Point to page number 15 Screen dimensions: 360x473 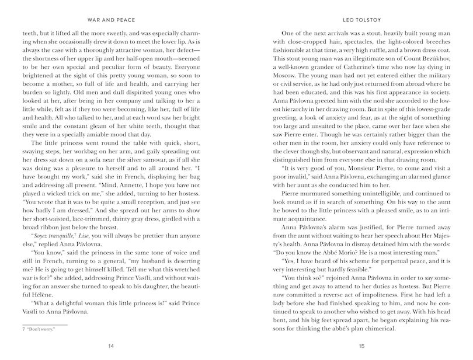pyautogui.click(x=361, y=347)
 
